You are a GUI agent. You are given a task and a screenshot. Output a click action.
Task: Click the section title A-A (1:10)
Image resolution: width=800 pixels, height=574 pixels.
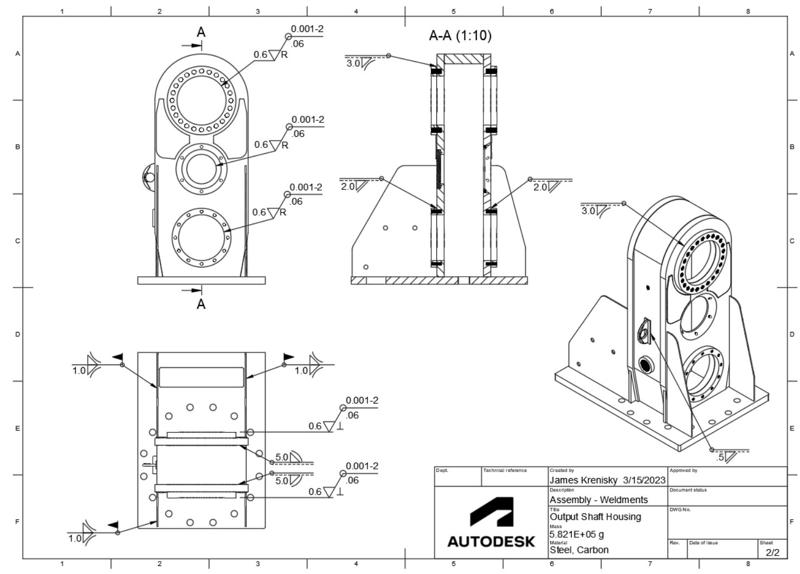pos(460,36)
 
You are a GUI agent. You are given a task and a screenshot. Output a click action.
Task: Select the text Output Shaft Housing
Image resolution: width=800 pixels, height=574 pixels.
pos(595,517)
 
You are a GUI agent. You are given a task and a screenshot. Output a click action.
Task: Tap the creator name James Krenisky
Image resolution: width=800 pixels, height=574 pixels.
pos(583,480)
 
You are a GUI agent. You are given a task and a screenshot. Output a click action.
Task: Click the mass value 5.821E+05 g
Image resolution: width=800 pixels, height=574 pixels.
pos(577,534)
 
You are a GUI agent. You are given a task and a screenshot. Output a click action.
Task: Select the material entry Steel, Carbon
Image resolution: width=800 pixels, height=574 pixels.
pos(579,550)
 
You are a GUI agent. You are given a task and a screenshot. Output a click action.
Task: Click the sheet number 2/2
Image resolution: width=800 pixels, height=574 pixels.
pos(772,552)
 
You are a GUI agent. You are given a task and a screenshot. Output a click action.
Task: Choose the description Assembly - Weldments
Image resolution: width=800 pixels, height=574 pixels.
pos(598,499)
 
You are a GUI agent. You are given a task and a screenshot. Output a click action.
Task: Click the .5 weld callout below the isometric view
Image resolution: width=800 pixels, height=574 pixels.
pos(721,458)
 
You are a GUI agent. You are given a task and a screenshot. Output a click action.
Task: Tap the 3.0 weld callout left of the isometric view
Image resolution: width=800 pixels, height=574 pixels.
pos(589,211)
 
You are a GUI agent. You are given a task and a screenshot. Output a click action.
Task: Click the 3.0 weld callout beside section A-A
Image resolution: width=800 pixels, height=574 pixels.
pos(353,63)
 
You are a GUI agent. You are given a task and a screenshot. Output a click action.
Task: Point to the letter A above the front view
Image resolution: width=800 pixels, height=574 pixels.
pos(201,32)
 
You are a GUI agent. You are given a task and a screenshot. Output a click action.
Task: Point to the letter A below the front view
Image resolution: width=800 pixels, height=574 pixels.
pos(201,304)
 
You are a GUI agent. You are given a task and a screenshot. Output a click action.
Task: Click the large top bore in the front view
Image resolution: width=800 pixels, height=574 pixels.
pos(202,100)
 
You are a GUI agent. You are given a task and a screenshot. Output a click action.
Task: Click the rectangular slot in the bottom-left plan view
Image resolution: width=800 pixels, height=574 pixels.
pos(201,377)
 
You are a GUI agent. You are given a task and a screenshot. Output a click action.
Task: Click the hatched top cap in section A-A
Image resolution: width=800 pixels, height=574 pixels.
pos(463,59)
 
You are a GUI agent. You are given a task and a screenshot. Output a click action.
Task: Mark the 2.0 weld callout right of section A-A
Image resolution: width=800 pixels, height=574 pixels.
pos(540,187)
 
